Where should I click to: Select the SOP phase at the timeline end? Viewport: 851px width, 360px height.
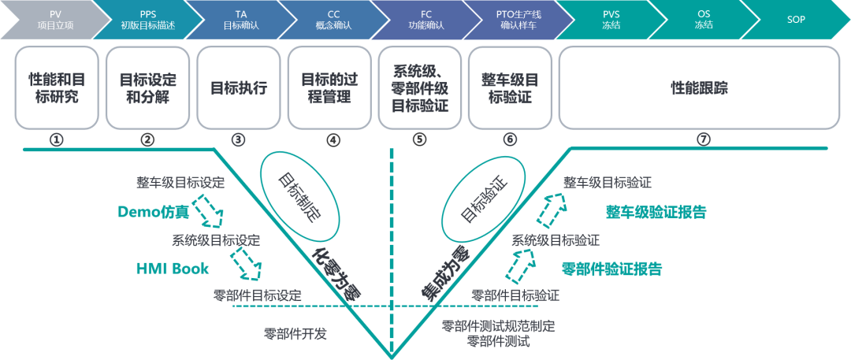click(796, 19)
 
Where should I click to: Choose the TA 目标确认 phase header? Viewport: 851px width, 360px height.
click(240, 19)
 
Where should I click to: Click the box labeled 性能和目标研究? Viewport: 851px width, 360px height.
click(57, 88)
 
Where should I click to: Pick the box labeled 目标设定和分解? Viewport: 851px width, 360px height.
click(148, 88)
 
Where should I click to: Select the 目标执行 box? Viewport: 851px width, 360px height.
click(239, 88)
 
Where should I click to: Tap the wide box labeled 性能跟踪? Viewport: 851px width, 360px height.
click(698, 88)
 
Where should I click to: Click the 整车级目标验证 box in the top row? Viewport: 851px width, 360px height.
click(513, 88)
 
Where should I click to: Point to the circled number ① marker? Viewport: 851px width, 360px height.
click(56, 140)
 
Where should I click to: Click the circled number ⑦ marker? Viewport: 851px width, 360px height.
click(704, 140)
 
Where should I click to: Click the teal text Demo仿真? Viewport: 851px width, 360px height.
click(153, 212)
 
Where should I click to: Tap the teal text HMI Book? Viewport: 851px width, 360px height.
click(173, 269)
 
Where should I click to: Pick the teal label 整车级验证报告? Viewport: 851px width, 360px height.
click(656, 212)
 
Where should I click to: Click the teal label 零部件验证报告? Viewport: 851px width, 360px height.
click(611, 269)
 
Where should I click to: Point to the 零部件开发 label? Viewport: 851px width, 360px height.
click(295, 333)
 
